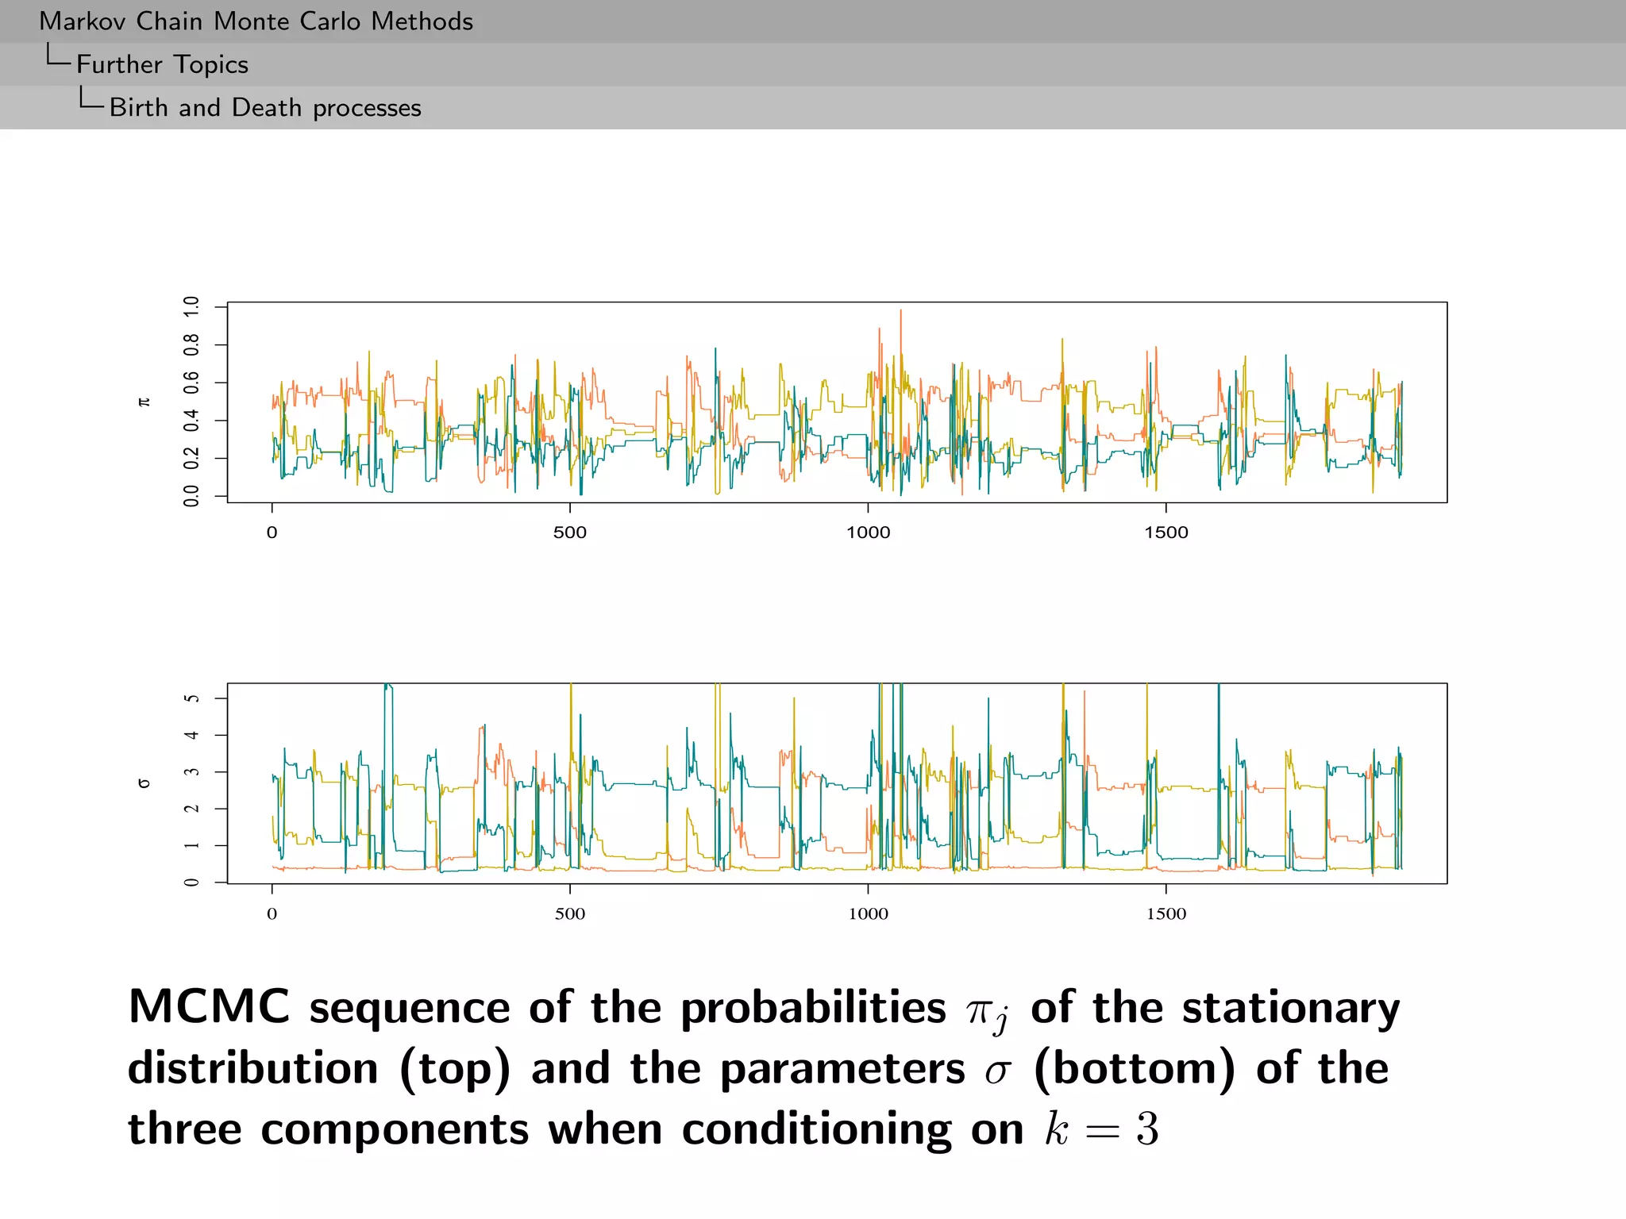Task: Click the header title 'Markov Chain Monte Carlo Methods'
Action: [256, 21]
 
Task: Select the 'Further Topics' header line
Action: [162, 64]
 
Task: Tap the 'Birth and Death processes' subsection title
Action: [265, 107]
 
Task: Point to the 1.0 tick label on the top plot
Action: [191, 306]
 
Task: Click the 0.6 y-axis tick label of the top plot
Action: [191, 383]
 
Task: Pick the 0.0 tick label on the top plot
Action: [191, 497]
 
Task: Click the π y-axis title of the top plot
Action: [144, 402]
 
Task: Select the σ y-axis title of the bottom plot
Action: [144, 783]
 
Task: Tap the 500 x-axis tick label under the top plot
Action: [569, 533]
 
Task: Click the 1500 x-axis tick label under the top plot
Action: [1166, 533]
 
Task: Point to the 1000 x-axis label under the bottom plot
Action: [868, 913]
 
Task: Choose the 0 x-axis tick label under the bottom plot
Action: [272, 913]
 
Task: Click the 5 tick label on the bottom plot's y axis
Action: [191, 698]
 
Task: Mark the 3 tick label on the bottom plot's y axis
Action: [191, 772]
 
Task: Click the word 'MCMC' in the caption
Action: [210, 1007]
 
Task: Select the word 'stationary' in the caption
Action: [1291, 1009]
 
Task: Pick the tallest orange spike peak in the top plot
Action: [900, 311]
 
